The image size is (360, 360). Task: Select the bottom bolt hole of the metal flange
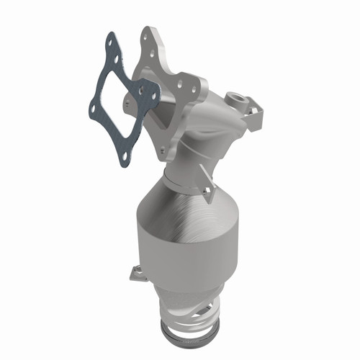pos(163,150)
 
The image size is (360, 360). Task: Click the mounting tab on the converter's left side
pos(135,273)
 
